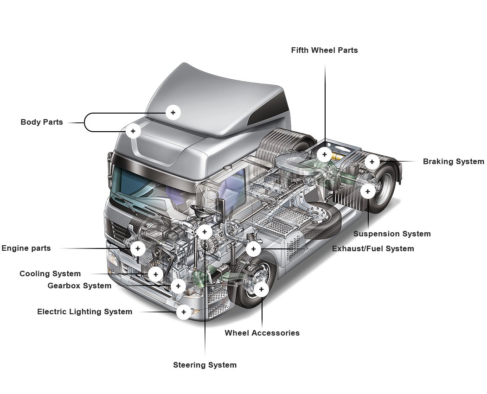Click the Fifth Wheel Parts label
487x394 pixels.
tap(324, 50)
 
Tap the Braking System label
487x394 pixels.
tap(453, 162)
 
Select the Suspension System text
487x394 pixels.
tap(392, 234)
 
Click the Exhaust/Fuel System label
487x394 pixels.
tap(373, 248)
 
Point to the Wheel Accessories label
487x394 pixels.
tap(262, 333)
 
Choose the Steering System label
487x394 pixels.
tap(205, 365)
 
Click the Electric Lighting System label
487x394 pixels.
tap(84, 311)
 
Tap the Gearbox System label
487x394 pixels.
tap(79, 286)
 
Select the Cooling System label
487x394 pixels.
tap(50, 273)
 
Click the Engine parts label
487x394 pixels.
tap(26, 248)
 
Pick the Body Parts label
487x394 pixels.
tap(42, 122)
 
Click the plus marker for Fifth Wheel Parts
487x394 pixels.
tap(325, 154)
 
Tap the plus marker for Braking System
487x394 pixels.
tap(372, 162)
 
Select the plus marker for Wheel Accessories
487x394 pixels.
tap(261, 290)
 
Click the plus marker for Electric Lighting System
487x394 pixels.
tap(184, 312)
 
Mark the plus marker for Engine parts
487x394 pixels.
tap(138, 248)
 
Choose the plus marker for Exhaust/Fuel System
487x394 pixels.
tap(253, 249)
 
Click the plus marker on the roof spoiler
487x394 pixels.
tap(173, 112)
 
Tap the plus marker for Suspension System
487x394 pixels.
tap(368, 191)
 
